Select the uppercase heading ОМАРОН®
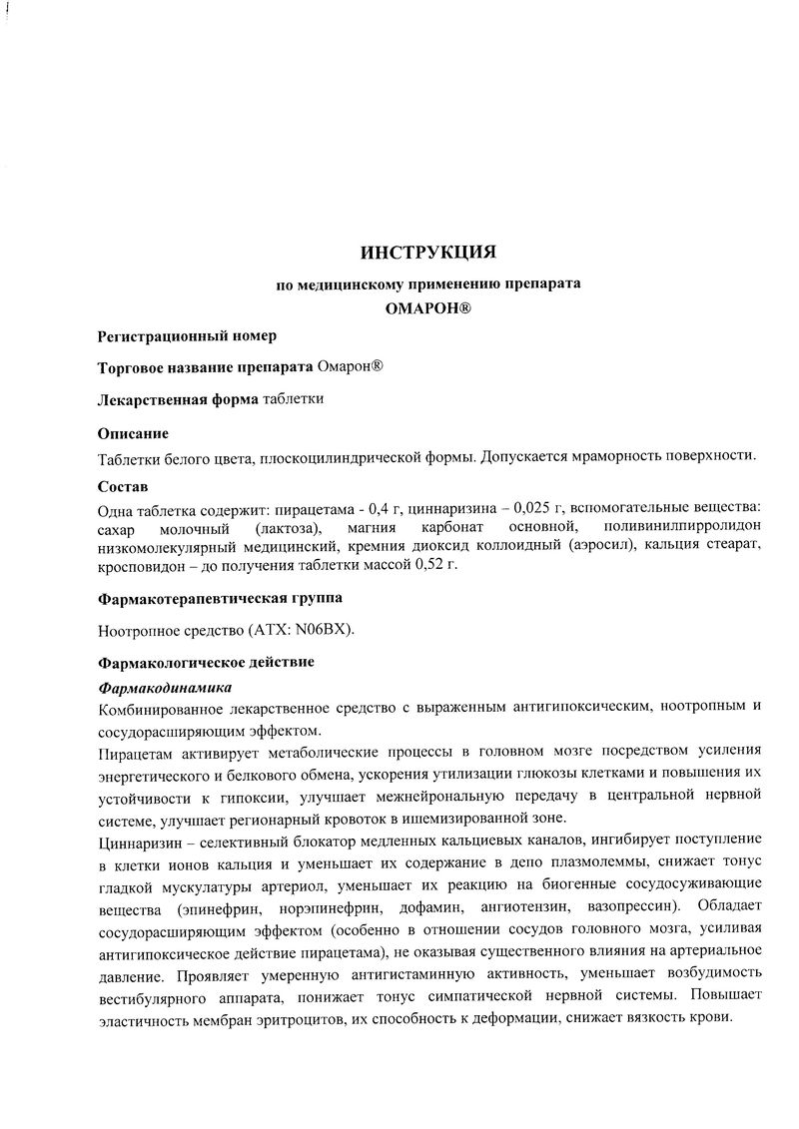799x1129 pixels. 428,309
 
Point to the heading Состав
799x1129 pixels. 123,487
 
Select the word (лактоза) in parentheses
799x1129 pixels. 288,528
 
